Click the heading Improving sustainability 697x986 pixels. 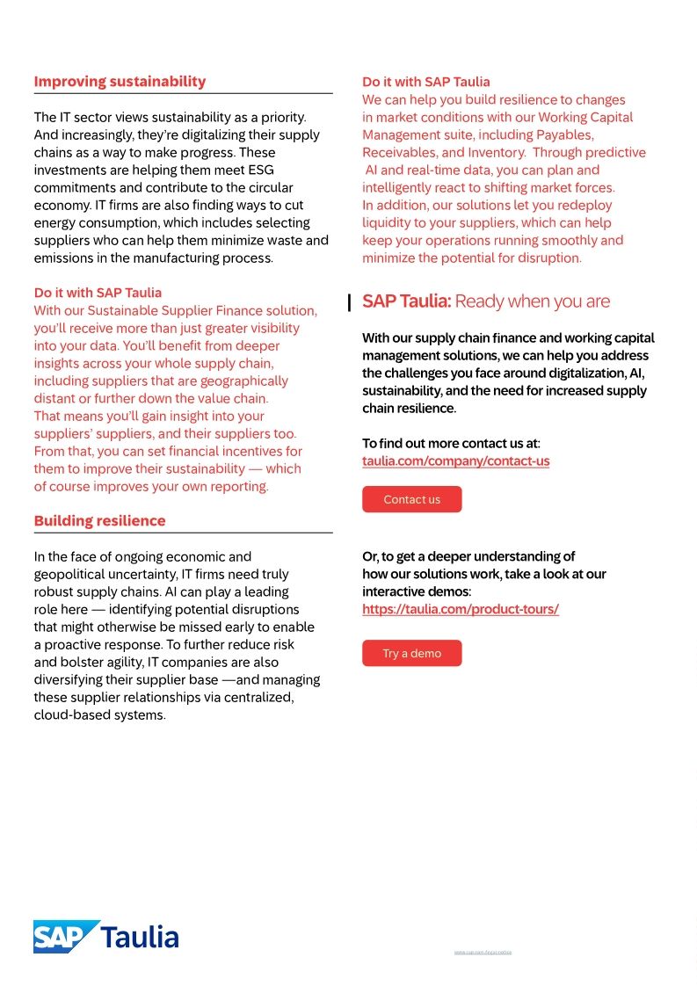point(120,82)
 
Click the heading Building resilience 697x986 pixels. point(99,521)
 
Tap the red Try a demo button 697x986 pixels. point(411,653)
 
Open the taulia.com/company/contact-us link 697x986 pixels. point(455,460)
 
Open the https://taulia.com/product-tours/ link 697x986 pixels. point(460,609)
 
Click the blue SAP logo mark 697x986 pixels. point(66,937)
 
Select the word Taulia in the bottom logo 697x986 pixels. point(141,937)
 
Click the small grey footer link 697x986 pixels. point(483,952)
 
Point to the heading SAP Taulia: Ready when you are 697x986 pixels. point(485,301)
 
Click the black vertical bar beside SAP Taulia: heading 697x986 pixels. point(350,303)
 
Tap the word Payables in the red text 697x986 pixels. point(563,135)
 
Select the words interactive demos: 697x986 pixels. point(417,591)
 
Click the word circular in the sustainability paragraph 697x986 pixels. point(272,188)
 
